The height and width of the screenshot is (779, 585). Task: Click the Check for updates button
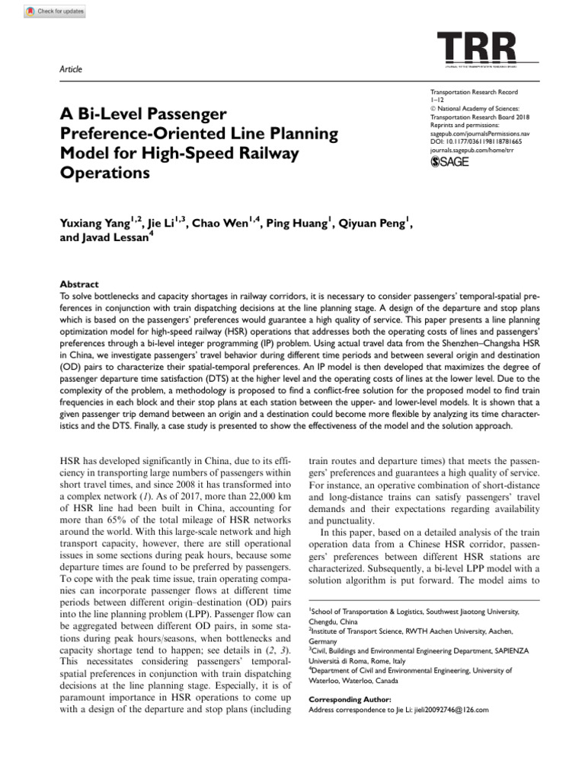54,11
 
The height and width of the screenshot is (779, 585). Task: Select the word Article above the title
70,69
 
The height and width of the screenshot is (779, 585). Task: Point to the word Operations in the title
103,173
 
